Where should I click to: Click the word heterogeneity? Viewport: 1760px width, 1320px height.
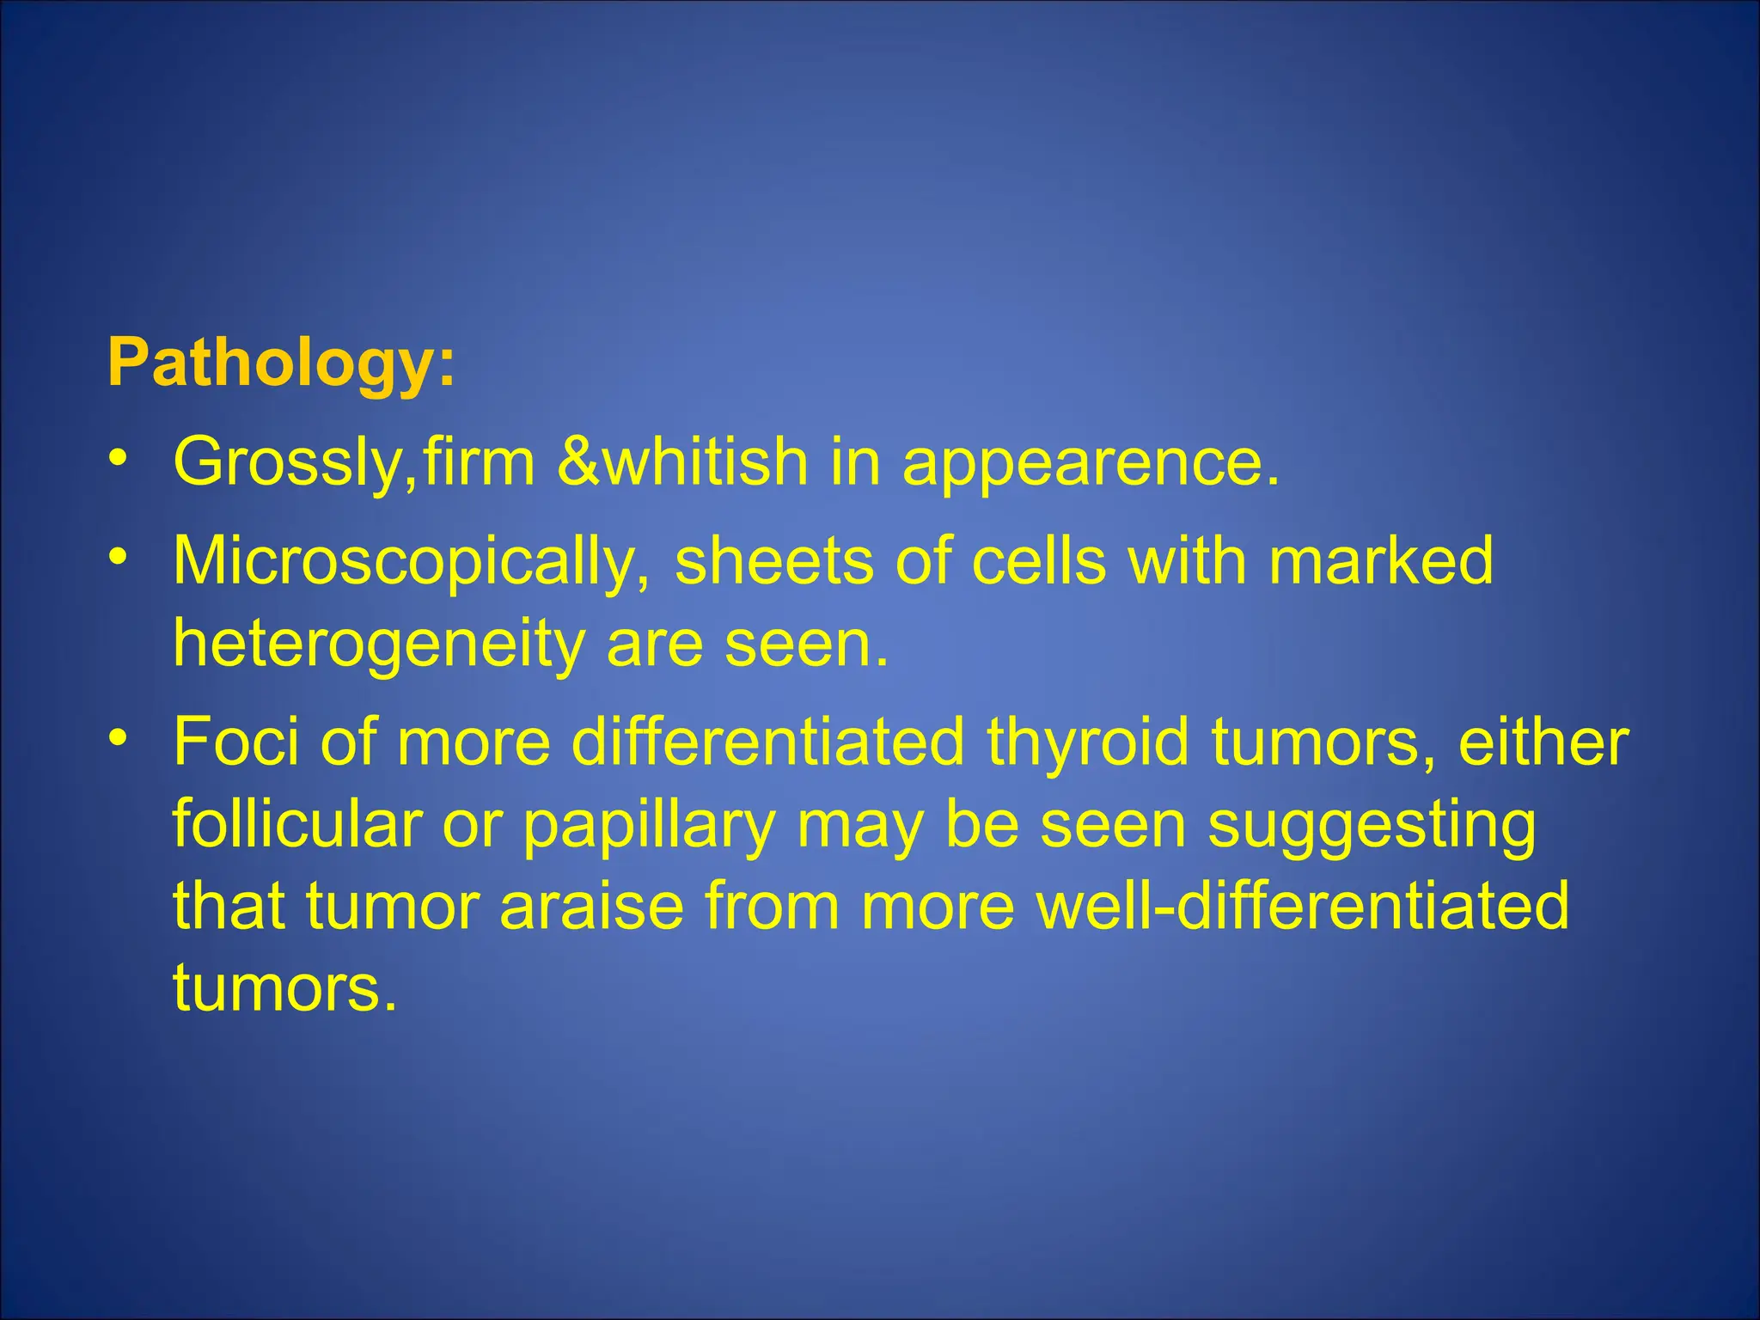tap(378, 645)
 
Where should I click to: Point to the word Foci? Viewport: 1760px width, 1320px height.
tap(236, 741)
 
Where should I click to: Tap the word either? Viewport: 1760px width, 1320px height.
tap(1543, 741)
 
